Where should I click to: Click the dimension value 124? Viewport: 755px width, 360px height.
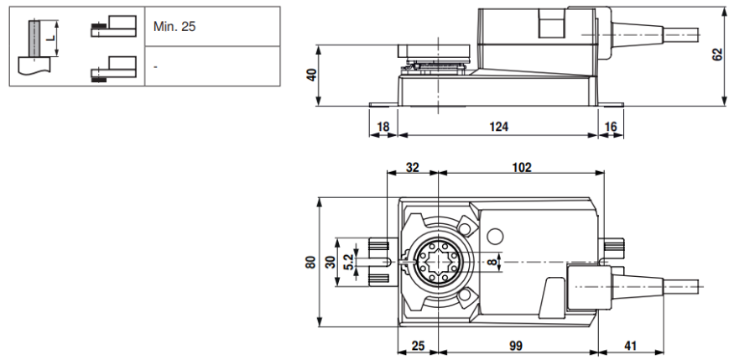[499, 127]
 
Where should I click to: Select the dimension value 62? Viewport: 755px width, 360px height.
[717, 55]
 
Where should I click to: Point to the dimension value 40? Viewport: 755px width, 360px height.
[311, 76]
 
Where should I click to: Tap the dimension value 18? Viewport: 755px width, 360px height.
[383, 127]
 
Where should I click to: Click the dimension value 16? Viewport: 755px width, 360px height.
[610, 127]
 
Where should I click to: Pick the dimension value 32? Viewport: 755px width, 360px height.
[412, 168]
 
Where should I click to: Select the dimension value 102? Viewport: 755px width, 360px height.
[521, 168]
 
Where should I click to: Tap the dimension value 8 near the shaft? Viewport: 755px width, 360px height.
[493, 263]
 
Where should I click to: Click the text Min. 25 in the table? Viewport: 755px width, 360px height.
[174, 27]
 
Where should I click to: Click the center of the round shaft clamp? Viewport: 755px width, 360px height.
[437, 263]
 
